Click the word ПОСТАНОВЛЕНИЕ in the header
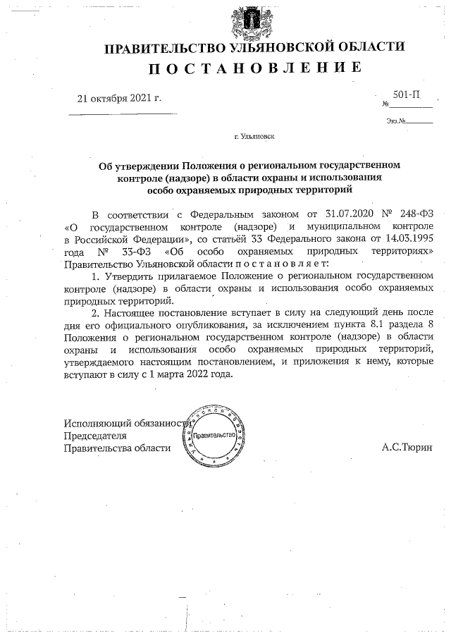click(x=256, y=68)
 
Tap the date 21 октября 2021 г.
click(x=119, y=99)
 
